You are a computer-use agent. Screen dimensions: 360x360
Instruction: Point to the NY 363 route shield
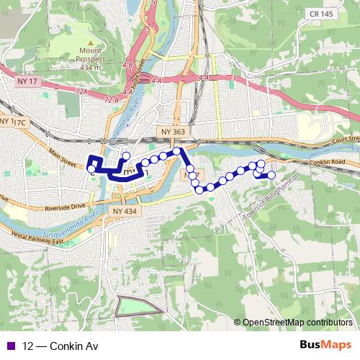[173, 132]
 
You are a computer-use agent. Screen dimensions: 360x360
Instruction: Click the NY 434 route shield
[124, 210]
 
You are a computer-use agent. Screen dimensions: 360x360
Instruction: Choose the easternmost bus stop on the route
[271, 175]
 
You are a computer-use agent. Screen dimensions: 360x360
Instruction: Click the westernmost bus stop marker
[91, 169]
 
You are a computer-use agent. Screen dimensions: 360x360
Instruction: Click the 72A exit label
[81, 92]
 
